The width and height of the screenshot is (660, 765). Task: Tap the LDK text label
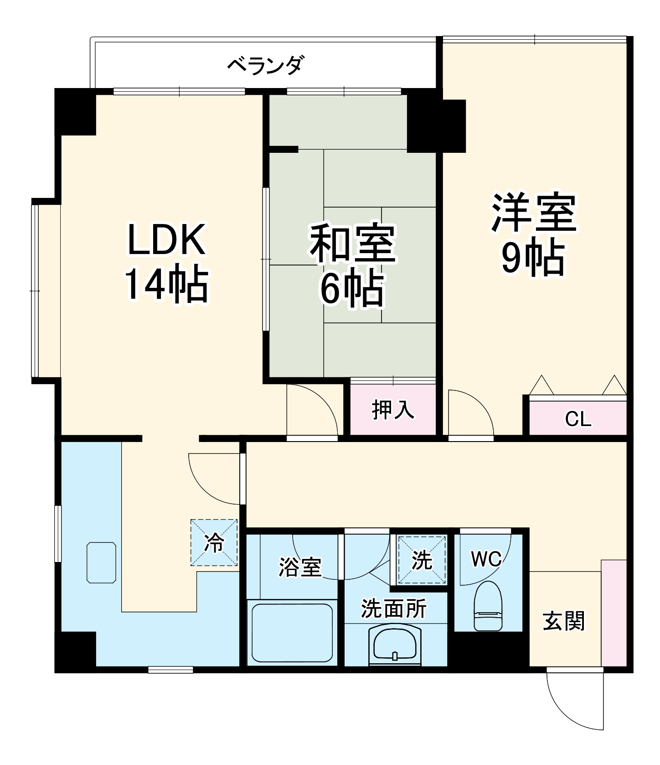(167, 239)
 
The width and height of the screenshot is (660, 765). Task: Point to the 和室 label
(352, 243)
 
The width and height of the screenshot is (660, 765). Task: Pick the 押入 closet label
(393, 409)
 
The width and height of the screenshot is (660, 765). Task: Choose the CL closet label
(578, 419)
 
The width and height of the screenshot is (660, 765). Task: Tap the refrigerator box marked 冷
(214, 542)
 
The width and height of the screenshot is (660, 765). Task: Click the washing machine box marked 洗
(422, 560)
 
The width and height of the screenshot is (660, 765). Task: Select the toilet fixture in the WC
(488, 606)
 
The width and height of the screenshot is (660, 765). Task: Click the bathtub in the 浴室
(292, 632)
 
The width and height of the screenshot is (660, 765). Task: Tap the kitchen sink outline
(101, 562)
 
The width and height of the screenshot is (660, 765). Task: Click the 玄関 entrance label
(564, 621)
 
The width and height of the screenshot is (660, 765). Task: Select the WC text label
(486, 558)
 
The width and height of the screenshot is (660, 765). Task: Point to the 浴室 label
(300, 567)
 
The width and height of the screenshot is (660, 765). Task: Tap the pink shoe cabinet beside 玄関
(614, 613)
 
